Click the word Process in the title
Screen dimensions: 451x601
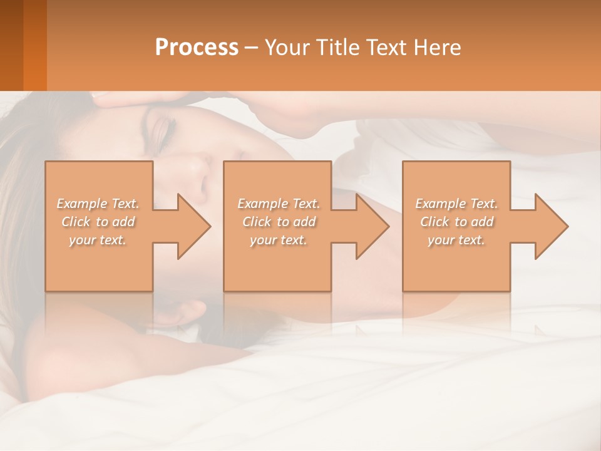click(x=197, y=47)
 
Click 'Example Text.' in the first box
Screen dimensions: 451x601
click(x=98, y=204)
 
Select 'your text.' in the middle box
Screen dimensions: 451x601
click(x=278, y=240)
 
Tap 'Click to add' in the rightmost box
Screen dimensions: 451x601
click(x=456, y=222)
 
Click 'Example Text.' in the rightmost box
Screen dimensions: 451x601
click(x=456, y=204)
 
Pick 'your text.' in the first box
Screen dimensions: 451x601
click(x=98, y=240)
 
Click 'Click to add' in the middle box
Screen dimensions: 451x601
click(x=278, y=222)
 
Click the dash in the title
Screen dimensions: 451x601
click(x=251, y=48)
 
